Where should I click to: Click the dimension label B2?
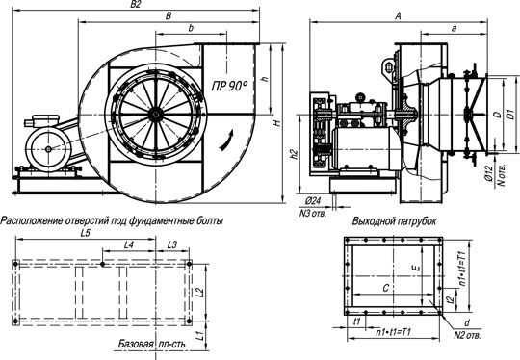tap(136, 4)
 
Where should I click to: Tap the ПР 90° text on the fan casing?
tap(229, 86)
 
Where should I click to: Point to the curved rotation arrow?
tap(226, 141)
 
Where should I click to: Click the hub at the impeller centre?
tap(154, 115)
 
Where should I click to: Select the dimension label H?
tap(277, 123)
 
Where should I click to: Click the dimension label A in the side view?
tap(399, 16)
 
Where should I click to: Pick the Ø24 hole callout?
tap(313, 201)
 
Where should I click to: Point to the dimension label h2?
tap(294, 154)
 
